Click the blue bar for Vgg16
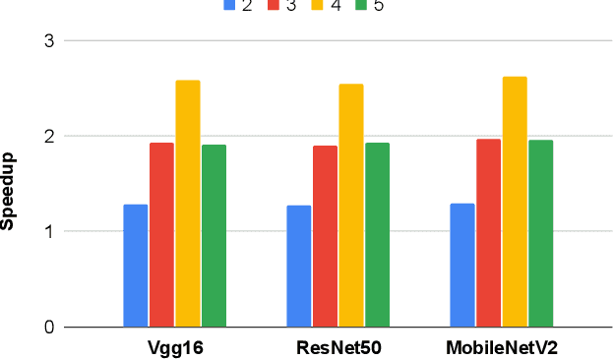[x=136, y=266]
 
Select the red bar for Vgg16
[x=161, y=235]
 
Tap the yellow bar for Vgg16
[x=188, y=204]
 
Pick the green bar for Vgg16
[x=214, y=236]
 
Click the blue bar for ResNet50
[x=299, y=266]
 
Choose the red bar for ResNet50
[x=325, y=236]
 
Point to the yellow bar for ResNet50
[x=351, y=206]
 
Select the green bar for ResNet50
[x=377, y=235]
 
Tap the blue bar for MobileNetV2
[x=462, y=266]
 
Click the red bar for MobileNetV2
[x=488, y=233]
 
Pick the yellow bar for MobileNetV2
[x=515, y=202]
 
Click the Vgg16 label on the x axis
[x=175, y=348]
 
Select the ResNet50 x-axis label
[x=338, y=348]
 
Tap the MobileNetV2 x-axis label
[x=501, y=348]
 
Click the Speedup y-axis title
[x=9, y=191]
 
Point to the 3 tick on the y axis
[x=48, y=41]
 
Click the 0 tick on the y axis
[x=48, y=328]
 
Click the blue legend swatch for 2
[x=229, y=5]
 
